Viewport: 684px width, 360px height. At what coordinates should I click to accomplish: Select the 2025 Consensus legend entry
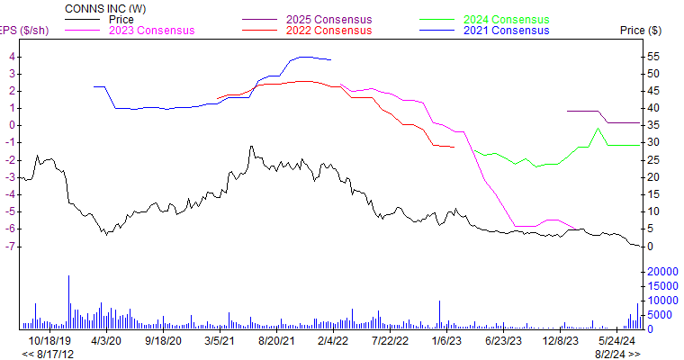point(328,19)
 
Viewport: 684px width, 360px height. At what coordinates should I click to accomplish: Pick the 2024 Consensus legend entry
point(506,19)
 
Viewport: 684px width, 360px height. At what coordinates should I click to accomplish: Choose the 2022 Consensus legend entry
point(328,30)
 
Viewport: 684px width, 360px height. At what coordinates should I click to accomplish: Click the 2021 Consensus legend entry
point(506,30)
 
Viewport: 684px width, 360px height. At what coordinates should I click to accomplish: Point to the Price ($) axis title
point(641,31)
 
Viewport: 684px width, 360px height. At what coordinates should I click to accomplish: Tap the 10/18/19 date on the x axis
point(49,341)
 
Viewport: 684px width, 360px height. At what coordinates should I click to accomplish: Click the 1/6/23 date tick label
point(447,341)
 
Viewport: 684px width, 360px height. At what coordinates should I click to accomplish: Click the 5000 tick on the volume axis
point(659,315)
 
